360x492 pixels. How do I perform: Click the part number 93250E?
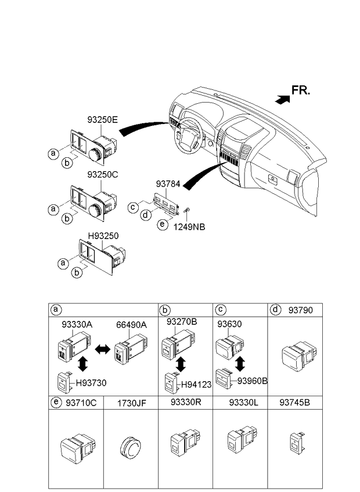(x=102, y=120)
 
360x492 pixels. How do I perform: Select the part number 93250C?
(x=103, y=175)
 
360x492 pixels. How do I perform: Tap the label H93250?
(x=103, y=236)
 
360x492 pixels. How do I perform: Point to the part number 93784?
(x=168, y=184)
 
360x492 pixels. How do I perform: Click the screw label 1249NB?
(x=189, y=226)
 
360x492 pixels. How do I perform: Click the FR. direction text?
(x=301, y=90)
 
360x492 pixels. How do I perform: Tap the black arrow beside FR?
(x=282, y=99)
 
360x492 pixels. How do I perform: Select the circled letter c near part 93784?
(x=133, y=207)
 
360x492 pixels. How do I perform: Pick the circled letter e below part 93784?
(x=162, y=224)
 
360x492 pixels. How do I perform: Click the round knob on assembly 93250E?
(x=95, y=154)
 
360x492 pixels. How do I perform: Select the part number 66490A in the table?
(x=131, y=325)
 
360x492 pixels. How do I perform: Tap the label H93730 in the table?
(x=91, y=383)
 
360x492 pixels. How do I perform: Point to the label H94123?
(x=196, y=384)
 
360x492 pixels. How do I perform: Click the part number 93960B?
(x=252, y=381)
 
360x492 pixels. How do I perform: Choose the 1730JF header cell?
(x=131, y=403)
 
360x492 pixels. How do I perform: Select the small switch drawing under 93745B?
(x=297, y=443)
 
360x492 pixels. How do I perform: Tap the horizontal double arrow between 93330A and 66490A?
(x=102, y=349)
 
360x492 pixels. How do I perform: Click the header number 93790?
(x=301, y=310)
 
